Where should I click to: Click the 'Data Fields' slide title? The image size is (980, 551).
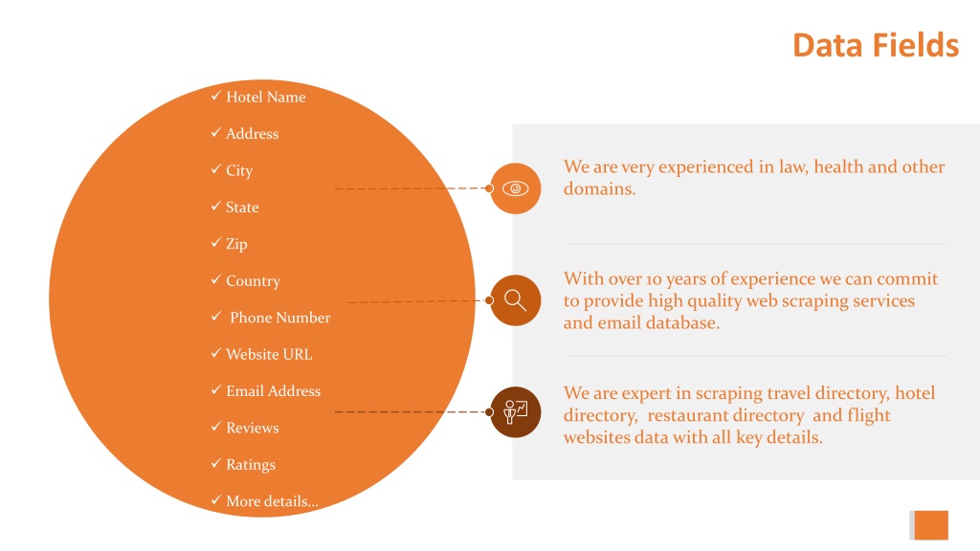click(x=876, y=46)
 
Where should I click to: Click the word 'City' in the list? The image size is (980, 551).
click(x=239, y=170)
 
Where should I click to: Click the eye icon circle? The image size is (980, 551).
click(x=516, y=188)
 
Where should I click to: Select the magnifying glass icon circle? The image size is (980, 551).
click(x=516, y=300)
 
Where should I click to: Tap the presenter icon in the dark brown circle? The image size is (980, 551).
click(x=516, y=412)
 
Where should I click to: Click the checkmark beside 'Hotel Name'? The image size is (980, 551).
click(x=216, y=96)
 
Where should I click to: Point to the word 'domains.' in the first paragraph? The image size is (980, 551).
click(x=599, y=188)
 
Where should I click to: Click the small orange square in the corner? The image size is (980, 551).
click(x=930, y=525)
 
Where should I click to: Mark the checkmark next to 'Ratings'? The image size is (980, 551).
click(x=216, y=464)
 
